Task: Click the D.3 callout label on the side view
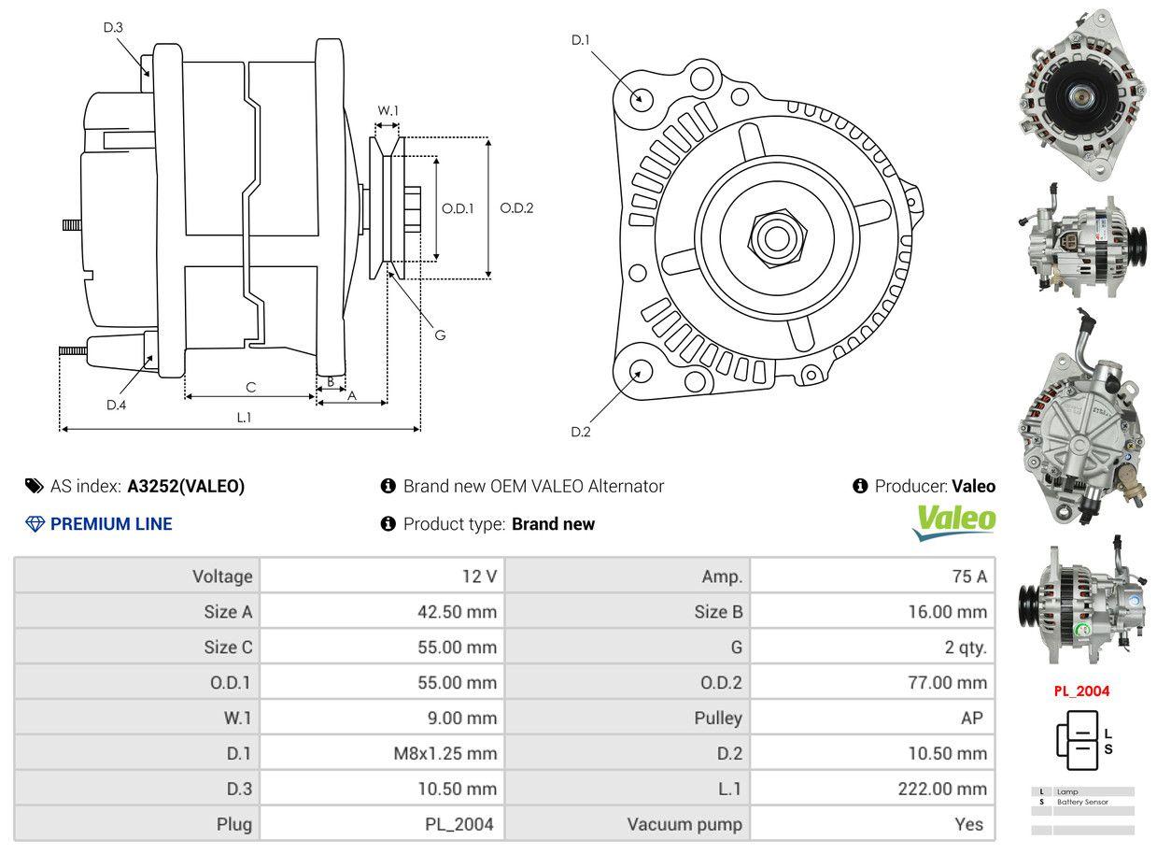point(113,27)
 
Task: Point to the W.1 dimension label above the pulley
point(388,110)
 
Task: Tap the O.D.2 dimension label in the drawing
point(516,208)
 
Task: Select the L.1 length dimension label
point(244,418)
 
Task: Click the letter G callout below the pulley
point(440,334)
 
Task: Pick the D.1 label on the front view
point(581,39)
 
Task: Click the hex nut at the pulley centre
point(774,236)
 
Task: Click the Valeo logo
point(953,521)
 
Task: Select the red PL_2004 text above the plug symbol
point(1081,691)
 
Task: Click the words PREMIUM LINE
point(111,524)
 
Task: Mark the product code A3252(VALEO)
point(186,486)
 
